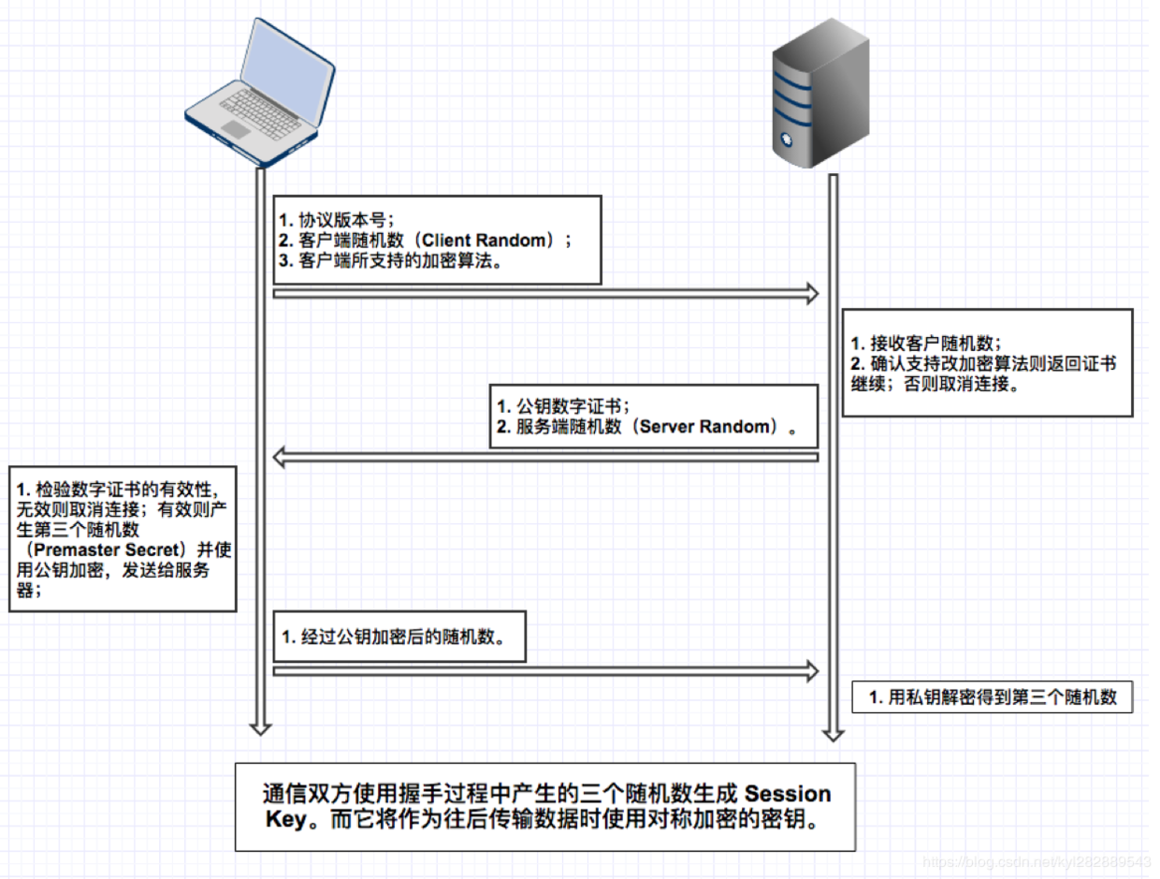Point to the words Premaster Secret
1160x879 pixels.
point(107,550)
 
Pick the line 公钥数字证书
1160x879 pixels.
point(562,406)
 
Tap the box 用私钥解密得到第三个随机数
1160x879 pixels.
point(992,697)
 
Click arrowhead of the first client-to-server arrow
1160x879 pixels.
point(810,294)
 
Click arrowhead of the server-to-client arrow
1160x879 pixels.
point(280,457)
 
